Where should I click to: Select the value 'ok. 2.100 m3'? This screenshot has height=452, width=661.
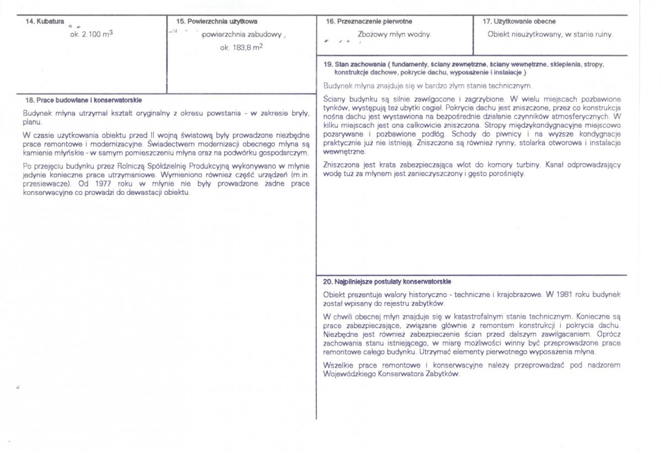(88, 34)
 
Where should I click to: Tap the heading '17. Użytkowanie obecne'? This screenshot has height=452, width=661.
(519, 21)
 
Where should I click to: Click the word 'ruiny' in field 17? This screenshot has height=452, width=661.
(602, 34)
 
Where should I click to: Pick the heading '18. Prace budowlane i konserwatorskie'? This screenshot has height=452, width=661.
(84, 100)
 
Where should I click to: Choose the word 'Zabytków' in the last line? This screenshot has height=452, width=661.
(441, 373)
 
